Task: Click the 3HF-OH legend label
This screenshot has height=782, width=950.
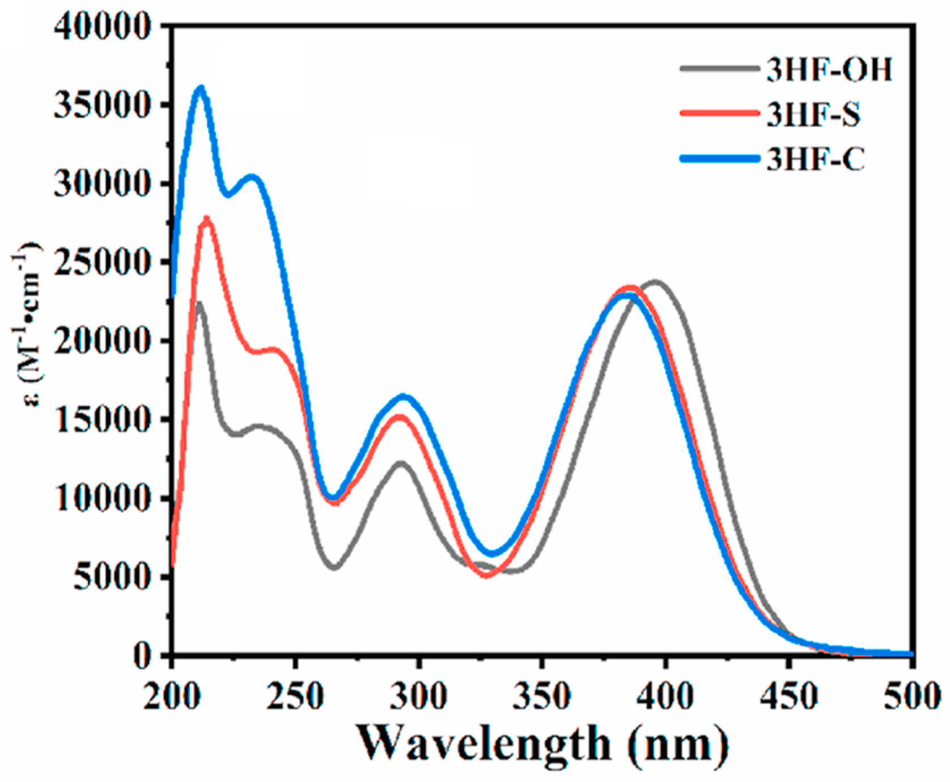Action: coord(829,70)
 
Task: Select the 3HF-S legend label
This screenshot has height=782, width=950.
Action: coord(813,114)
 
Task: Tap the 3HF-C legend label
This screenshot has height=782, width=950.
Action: coord(815,159)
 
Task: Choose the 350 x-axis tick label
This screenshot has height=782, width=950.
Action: coord(542,696)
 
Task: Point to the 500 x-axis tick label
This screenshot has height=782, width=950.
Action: coord(912,696)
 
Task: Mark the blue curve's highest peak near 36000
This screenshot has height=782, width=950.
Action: coord(200,88)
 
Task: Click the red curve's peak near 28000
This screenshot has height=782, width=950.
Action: coord(206,218)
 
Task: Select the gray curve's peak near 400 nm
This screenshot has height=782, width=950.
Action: coord(656,282)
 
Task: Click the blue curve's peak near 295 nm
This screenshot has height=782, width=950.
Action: coord(404,397)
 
